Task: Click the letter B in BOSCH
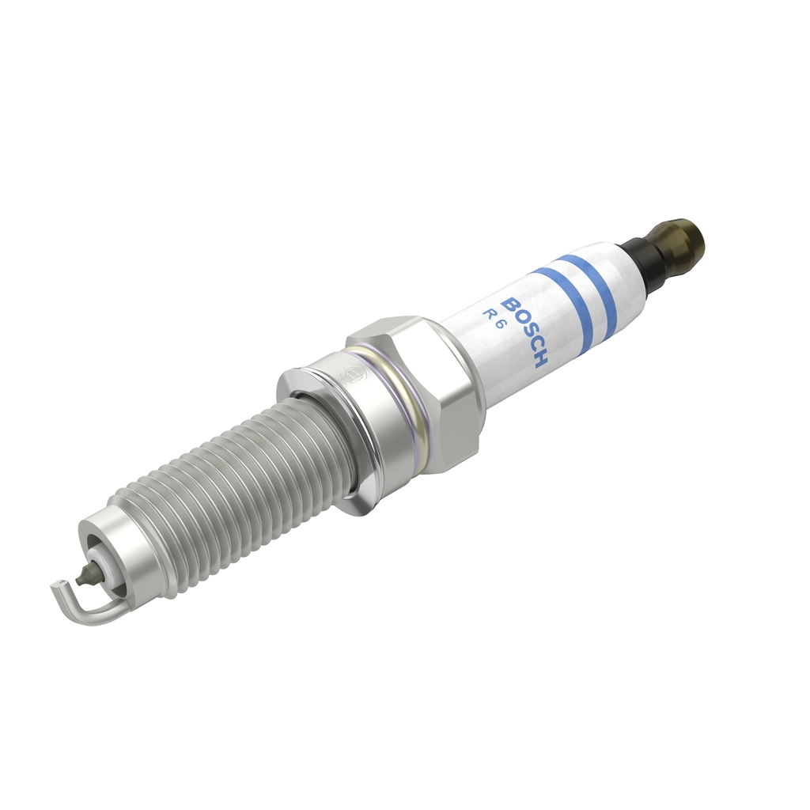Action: [x=510, y=305]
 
